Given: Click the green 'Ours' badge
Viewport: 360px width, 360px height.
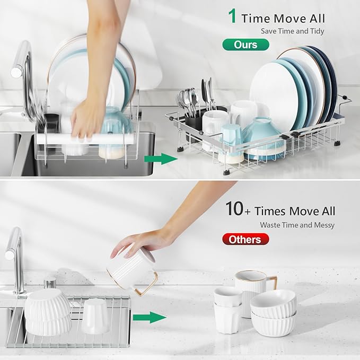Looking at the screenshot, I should (245, 45).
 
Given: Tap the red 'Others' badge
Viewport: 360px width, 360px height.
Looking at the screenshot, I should (244, 240).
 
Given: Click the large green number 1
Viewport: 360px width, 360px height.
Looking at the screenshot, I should (232, 16).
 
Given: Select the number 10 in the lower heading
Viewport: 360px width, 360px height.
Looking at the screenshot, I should (234, 209).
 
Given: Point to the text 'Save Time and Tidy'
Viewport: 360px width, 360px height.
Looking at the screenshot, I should (293, 31).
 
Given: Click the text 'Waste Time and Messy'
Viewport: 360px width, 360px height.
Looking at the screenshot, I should (297, 225).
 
